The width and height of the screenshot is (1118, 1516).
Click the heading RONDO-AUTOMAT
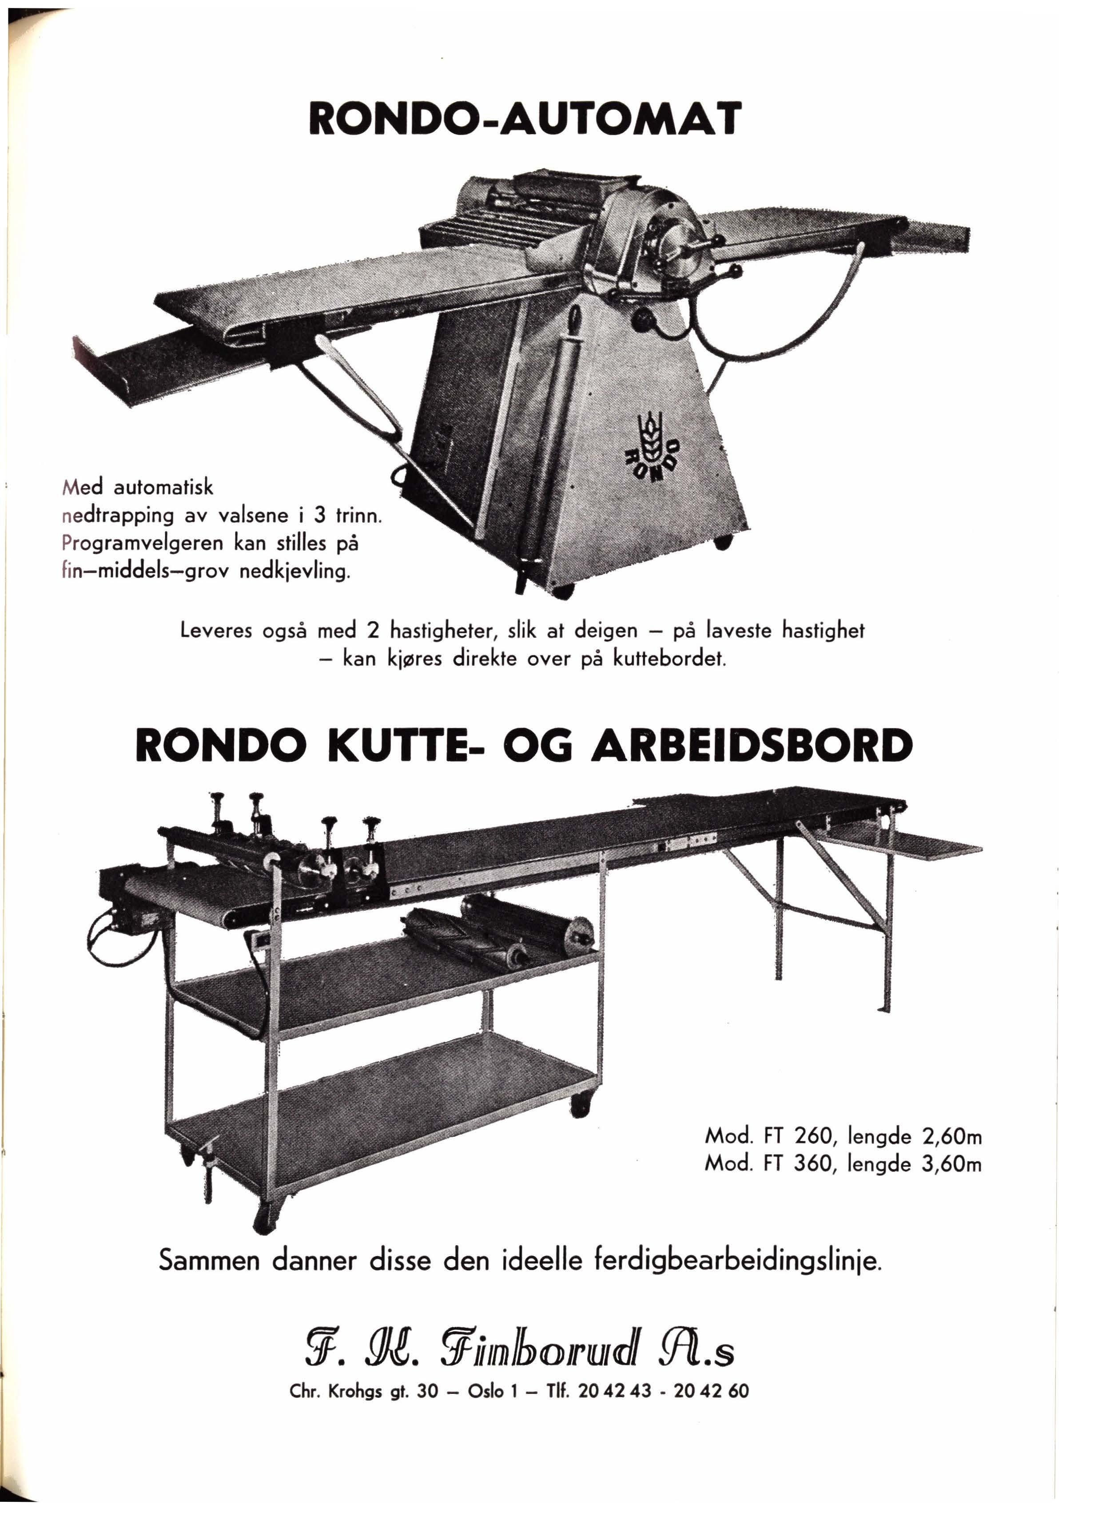click(525, 119)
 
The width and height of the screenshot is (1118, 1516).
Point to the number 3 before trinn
click(320, 516)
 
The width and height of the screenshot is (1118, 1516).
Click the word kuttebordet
click(669, 658)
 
